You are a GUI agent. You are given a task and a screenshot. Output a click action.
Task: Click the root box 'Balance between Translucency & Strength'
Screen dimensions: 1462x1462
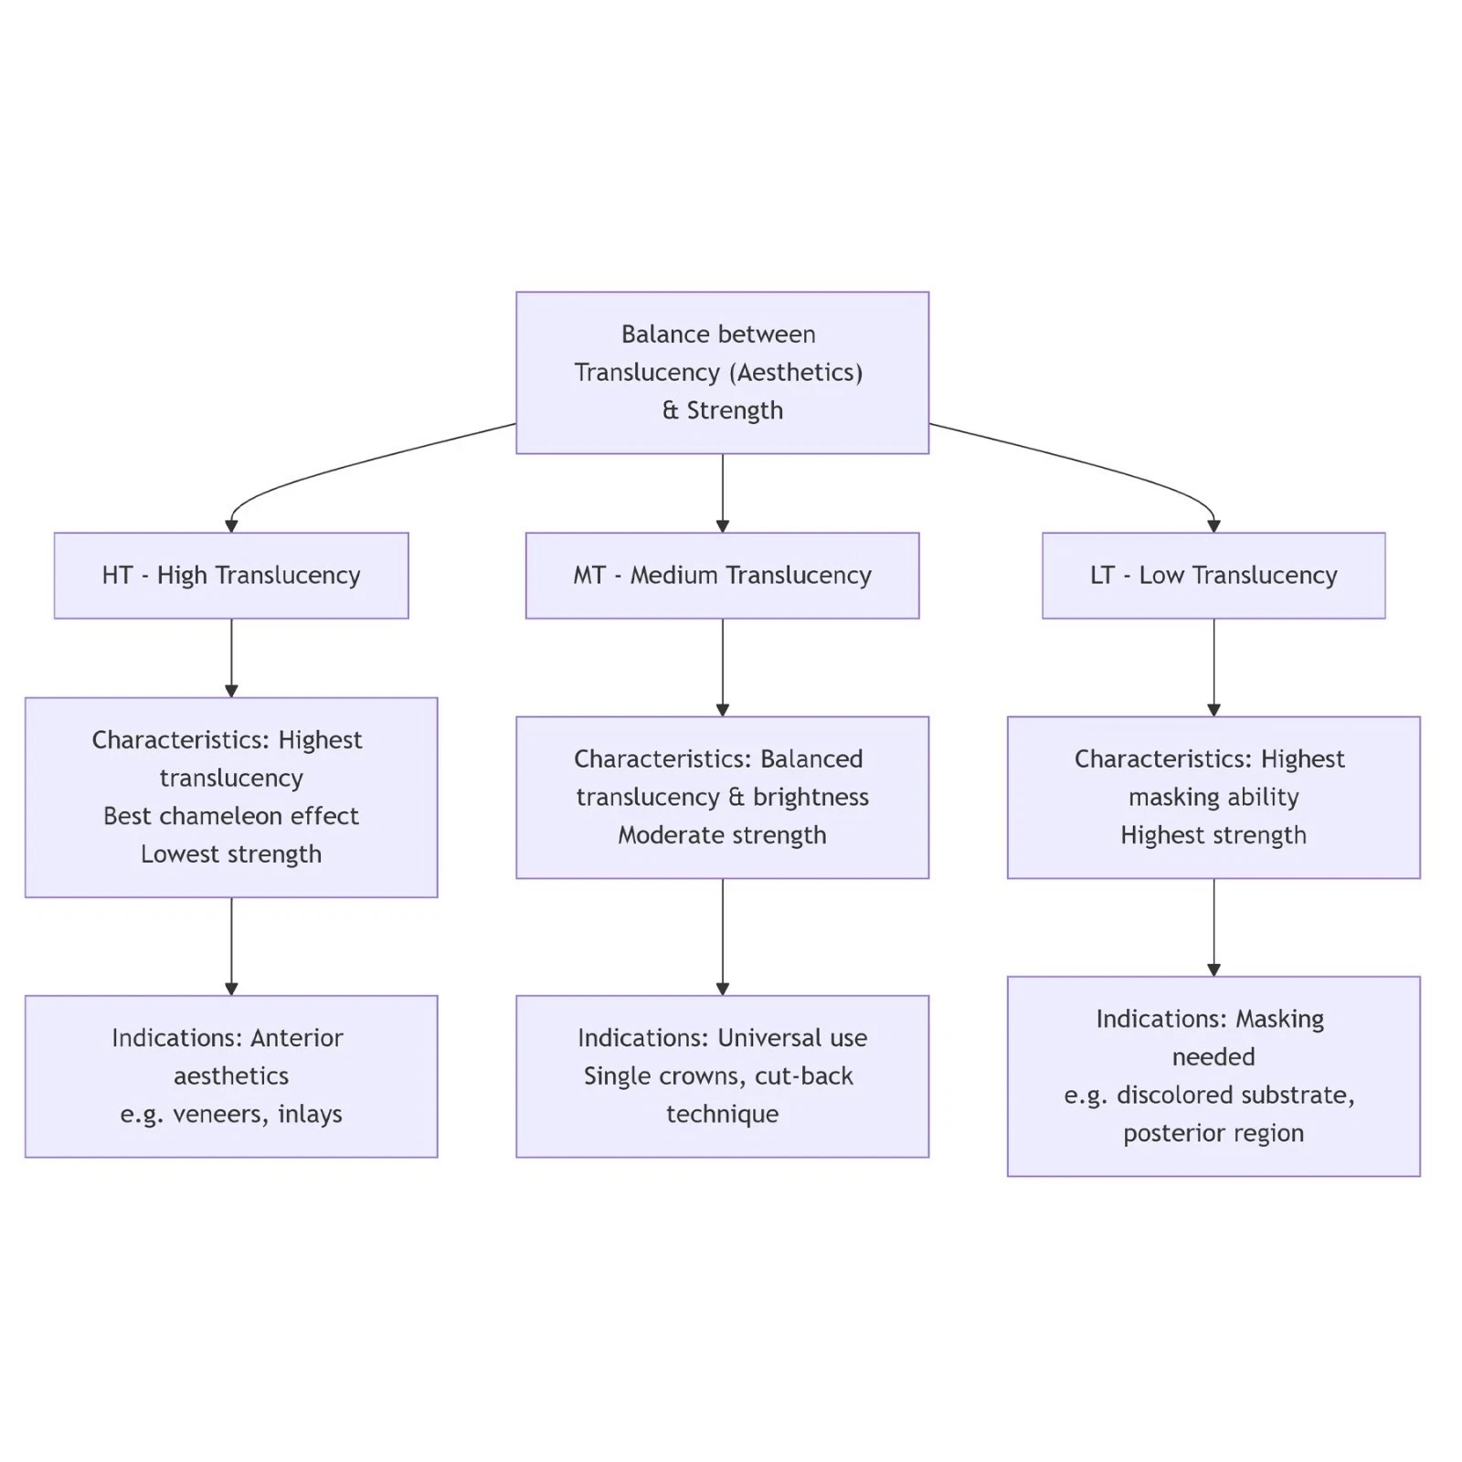722,373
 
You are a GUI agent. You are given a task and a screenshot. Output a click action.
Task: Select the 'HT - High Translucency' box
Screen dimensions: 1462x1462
231,576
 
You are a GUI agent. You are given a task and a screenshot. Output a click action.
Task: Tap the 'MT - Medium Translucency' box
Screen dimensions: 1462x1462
722,576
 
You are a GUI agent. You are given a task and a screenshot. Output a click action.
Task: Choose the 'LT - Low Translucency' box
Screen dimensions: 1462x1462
1213,576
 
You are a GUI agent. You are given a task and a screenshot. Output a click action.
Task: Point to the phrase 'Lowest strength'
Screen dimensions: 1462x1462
231,854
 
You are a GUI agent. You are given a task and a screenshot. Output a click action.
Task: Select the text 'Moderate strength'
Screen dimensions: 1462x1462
722,835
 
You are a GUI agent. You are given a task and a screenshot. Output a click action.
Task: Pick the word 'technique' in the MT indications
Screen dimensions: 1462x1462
722,1115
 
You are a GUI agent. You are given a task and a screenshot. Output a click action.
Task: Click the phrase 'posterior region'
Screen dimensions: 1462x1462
1213,1134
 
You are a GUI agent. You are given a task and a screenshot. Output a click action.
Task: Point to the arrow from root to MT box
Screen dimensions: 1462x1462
722,493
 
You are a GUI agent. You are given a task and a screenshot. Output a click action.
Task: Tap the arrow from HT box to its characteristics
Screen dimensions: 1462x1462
231,658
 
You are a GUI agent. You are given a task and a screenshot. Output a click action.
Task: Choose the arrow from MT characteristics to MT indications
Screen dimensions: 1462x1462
722,937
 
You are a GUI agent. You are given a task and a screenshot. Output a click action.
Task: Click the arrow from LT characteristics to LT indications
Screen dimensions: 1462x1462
1213,927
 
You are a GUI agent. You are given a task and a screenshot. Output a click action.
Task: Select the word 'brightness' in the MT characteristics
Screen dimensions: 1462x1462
810,798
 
